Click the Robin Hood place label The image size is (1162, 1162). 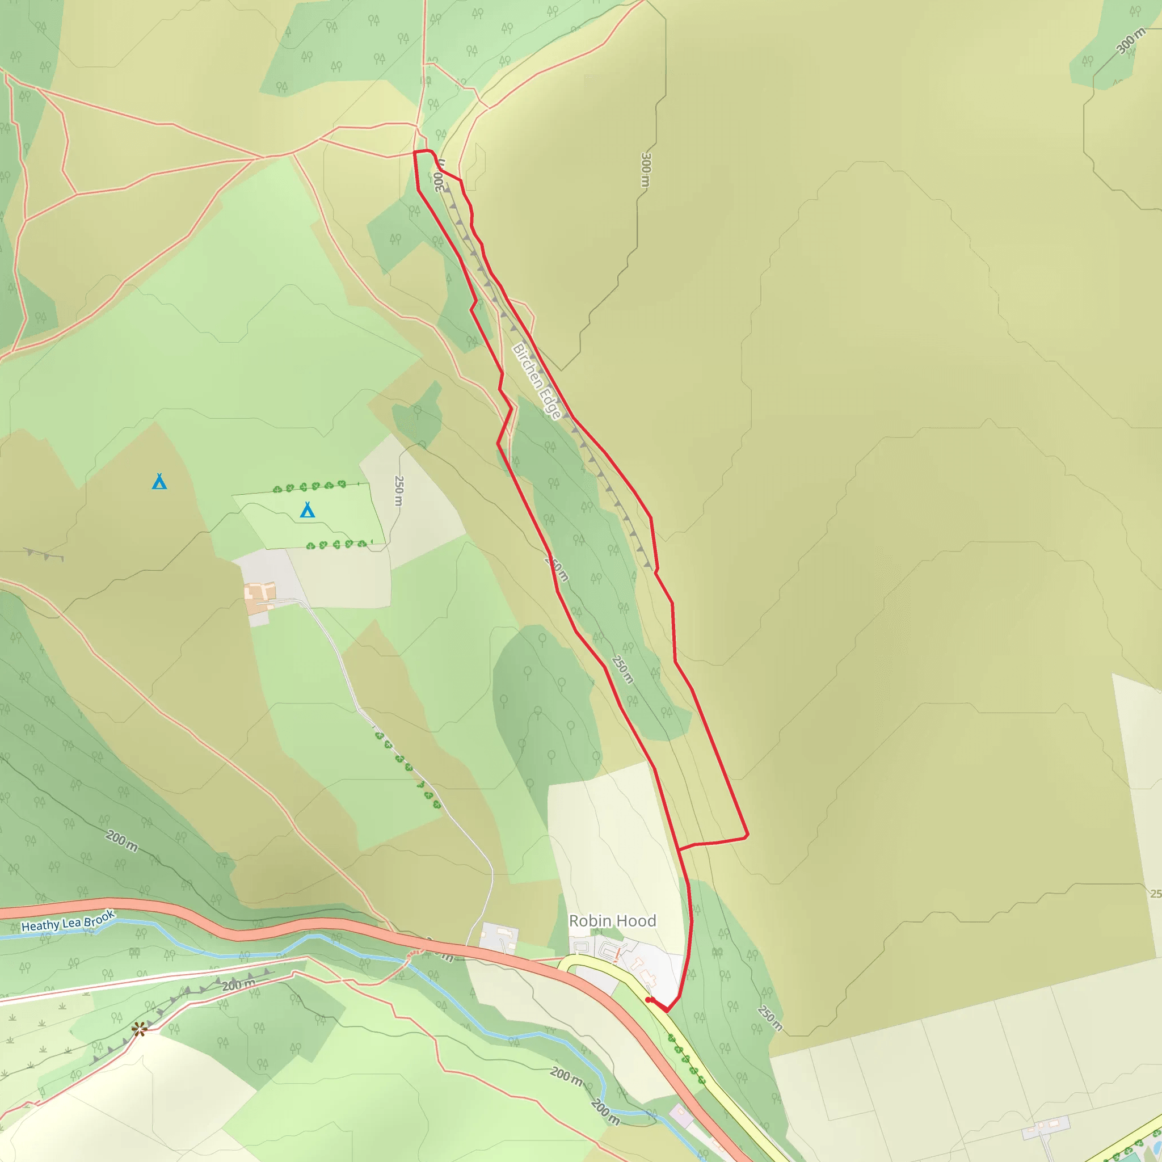(x=612, y=921)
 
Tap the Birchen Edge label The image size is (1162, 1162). (x=537, y=381)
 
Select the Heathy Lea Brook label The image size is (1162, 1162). (x=68, y=922)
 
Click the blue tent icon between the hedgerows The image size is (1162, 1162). (x=308, y=510)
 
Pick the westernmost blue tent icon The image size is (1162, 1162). (x=159, y=481)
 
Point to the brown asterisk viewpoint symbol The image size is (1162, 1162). (x=140, y=1030)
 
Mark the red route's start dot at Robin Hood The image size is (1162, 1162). (x=649, y=1000)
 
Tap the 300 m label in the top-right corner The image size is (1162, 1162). (x=1131, y=41)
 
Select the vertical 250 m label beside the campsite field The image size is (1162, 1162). (x=399, y=491)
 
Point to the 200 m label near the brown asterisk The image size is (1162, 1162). (x=238, y=985)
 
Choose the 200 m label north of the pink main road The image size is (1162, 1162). (x=121, y=841)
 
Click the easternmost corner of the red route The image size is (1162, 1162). (x=747, y=835)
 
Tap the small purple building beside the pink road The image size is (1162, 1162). (x=681, y=1115)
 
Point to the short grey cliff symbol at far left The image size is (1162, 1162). (x=44, y=553)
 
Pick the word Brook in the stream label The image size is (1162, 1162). (x=98, y=919)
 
